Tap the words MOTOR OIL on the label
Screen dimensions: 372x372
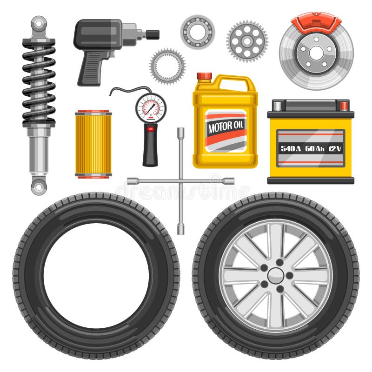[x=226, y=127]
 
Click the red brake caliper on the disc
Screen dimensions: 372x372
[x=316, y=23]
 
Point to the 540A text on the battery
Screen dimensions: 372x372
[x=291, y=148]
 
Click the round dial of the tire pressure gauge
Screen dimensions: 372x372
[x=150, y=107]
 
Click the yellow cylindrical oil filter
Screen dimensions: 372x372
[x=93, y=144]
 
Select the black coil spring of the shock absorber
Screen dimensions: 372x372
[x=39, y=84]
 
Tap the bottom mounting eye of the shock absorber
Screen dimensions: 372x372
[x=39, y=186]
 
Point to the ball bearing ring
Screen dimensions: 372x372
[x=197, y=32]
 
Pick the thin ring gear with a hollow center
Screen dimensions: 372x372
[x=167, y=66]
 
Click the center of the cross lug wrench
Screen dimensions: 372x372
[x=180, y=181]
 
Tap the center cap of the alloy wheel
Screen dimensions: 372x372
[x=275, y=276]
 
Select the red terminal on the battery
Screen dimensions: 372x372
[x=344, y=106]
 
